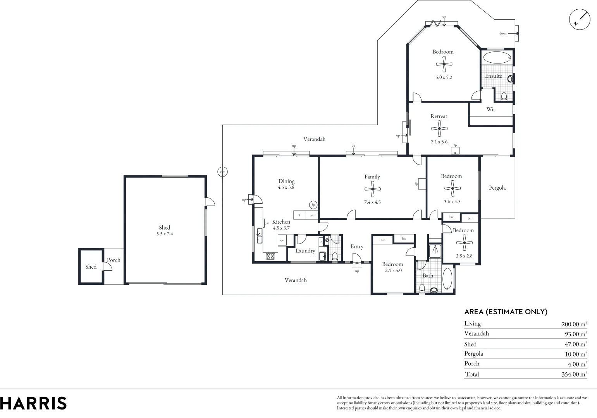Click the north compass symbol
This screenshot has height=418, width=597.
(x=580, y=19)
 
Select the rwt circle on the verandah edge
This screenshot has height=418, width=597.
(x=222, y=172)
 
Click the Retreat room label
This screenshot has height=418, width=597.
(x=439, y=116)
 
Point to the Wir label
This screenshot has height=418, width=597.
(x=490, y=109)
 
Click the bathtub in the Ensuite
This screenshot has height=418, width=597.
(x=497, y=58)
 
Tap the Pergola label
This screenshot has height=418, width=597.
(x=497, y=188)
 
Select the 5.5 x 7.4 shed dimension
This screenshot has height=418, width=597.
(x=164, y=234)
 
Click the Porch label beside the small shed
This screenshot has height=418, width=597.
(x=114, y=260)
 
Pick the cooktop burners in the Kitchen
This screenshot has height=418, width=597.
(x=270, y=256)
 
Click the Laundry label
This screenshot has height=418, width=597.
(x=305, y=251)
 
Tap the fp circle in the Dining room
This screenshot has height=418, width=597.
(x=313, y=205)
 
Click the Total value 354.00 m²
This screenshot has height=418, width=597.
(x=574, y=374)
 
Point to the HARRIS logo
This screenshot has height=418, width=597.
(x=33, y=403)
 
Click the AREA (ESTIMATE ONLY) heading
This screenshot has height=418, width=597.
(x=506, y=312)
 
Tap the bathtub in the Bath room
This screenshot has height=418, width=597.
(x=447, y=279)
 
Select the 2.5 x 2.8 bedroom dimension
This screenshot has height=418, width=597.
(x=464, y=256)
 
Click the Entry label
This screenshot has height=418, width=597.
(x=357, y=247)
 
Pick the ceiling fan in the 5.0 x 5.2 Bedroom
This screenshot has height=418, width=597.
(x=444, y=64)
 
